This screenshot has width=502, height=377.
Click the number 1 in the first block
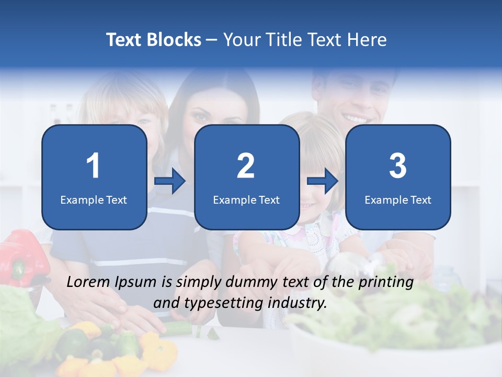click(x=93, y=166)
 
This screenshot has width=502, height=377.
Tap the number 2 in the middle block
click(x=246, y=166)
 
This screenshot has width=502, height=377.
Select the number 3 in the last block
click(x=398, y=166)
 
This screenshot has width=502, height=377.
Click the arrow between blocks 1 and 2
click(x=170, y=182)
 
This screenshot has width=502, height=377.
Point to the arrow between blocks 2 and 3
click(x=323, y=182)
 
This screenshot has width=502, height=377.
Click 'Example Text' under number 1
click(x=94, y=199)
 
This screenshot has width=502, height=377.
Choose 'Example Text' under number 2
click(x=246, y=199)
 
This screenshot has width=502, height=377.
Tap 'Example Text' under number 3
click(x=398, y=199)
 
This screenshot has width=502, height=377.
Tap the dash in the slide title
click(x=212, y=40)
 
